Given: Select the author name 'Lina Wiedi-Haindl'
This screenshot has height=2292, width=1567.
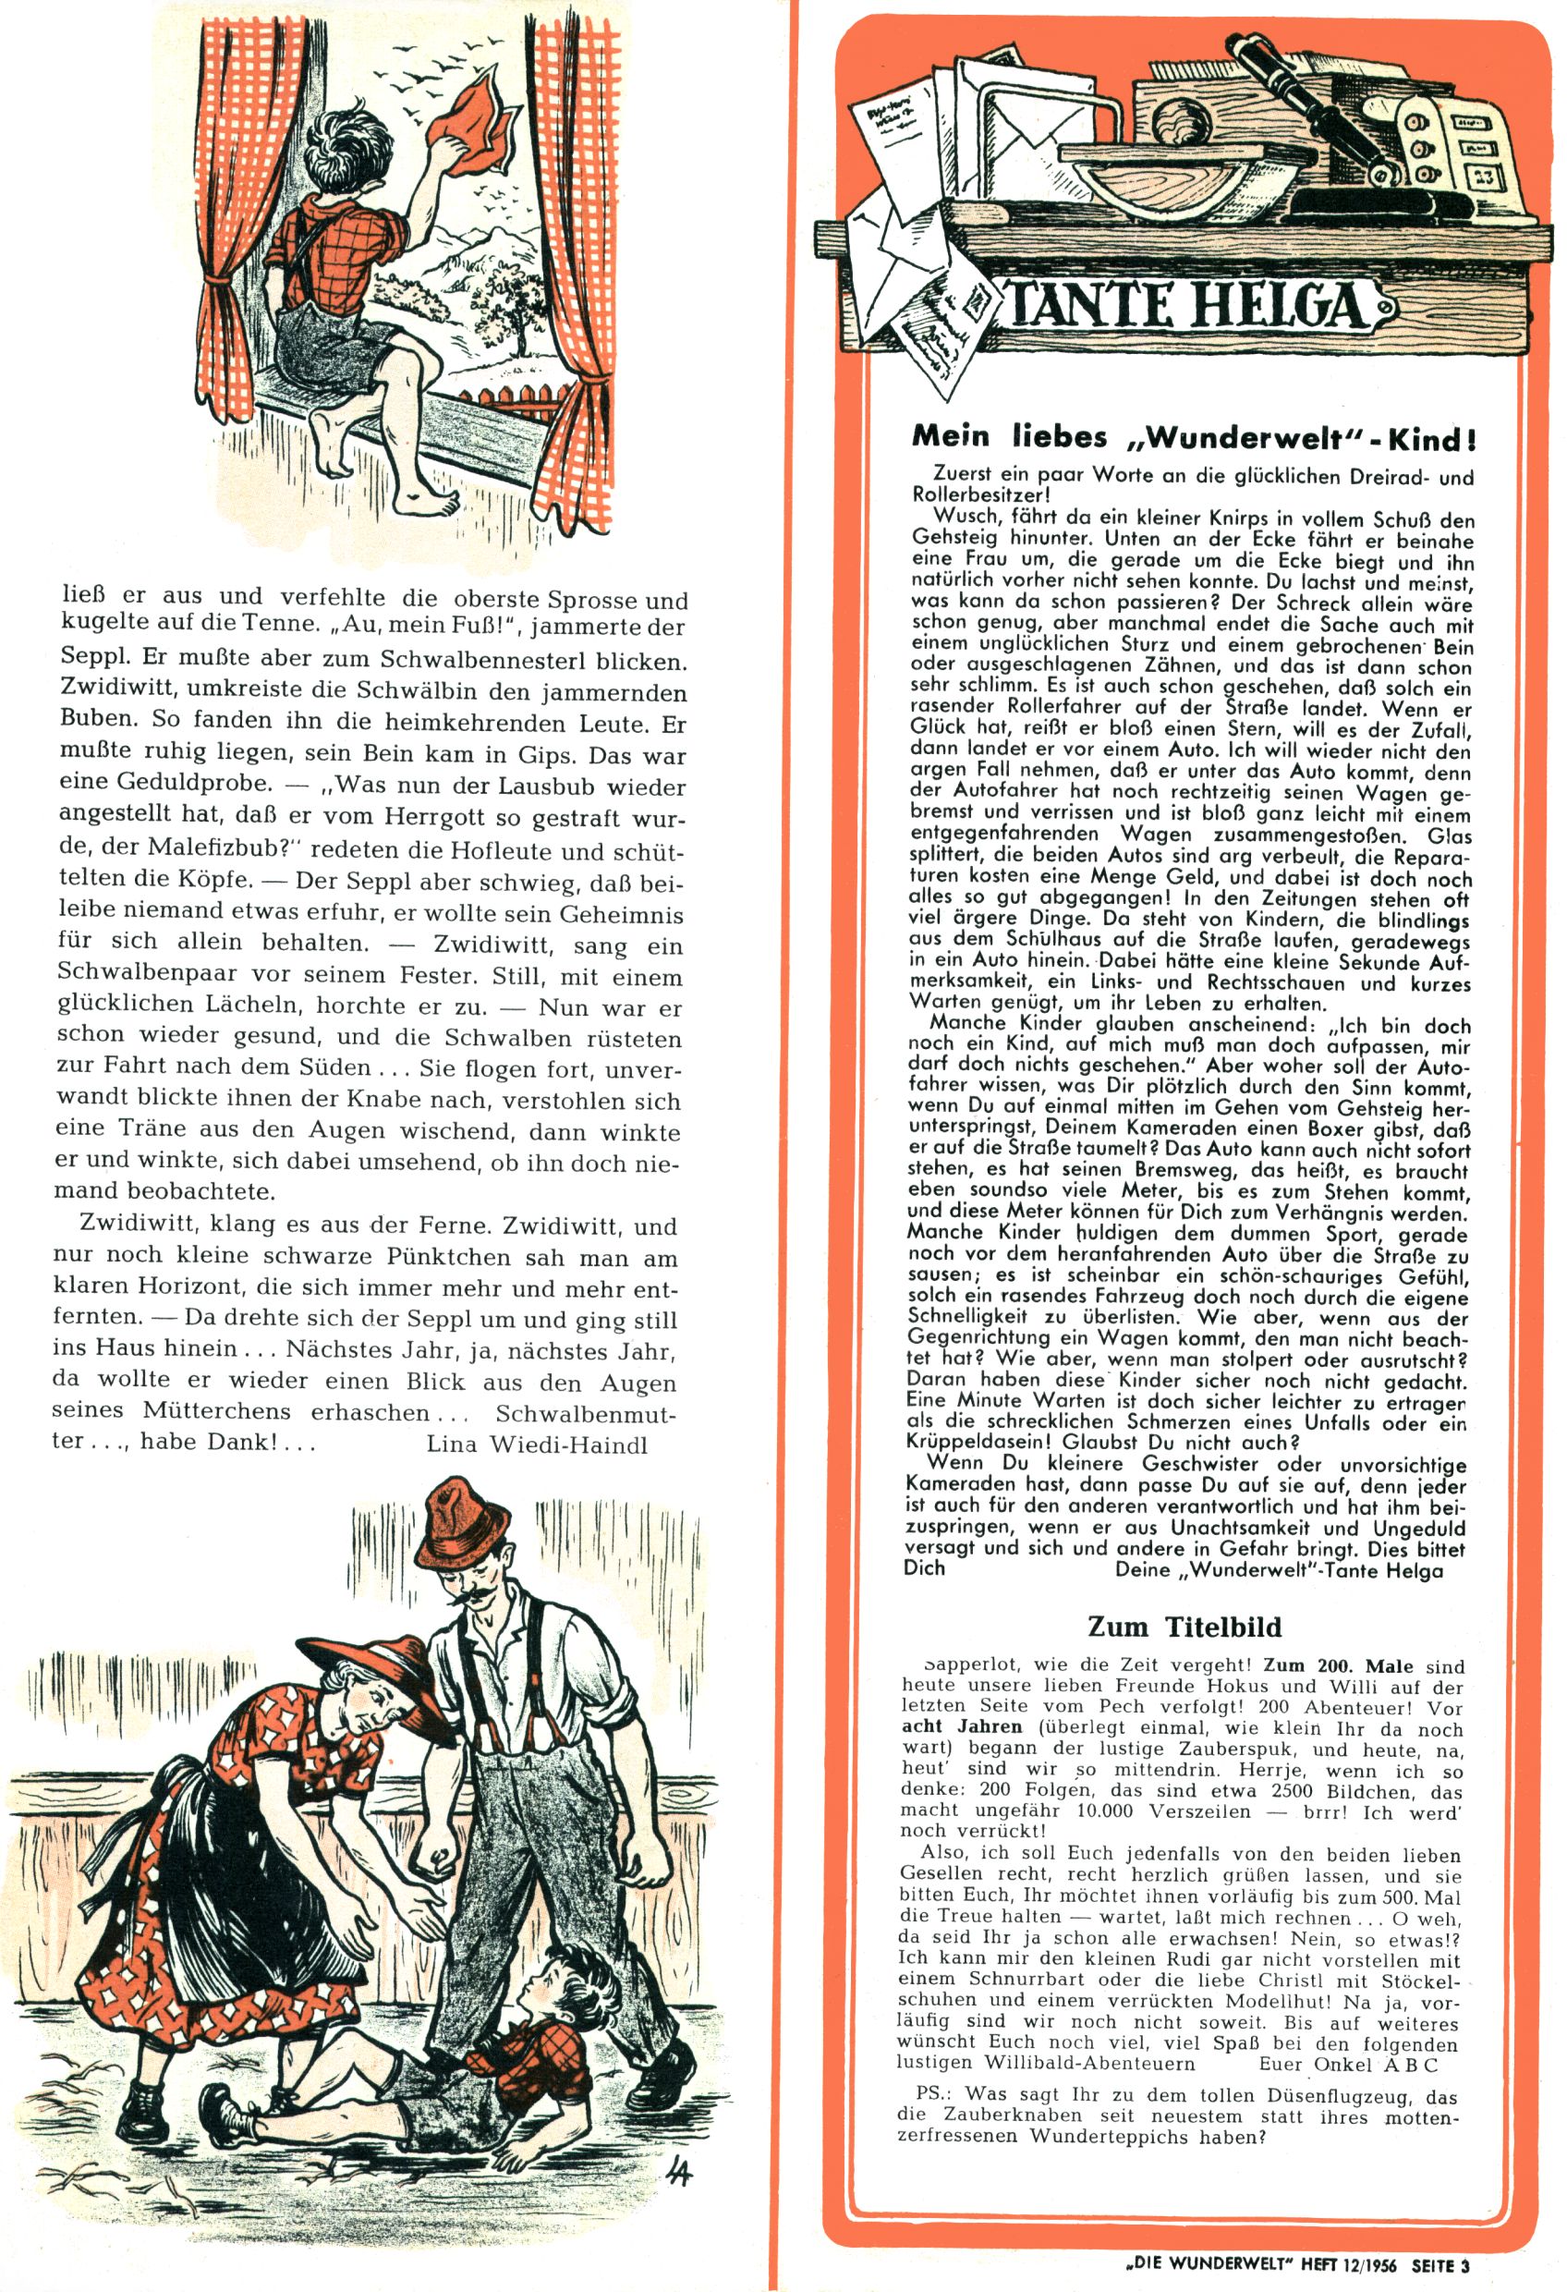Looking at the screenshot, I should (x=538, y=1444).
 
